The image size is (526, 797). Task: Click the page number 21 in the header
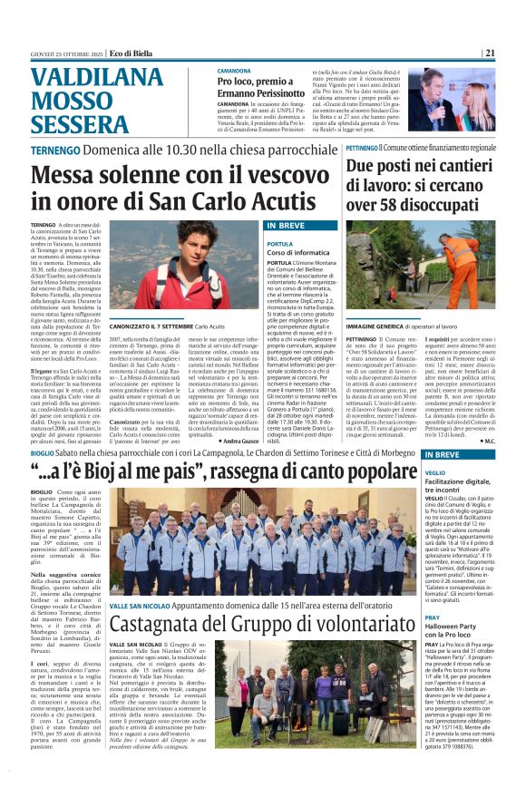pyautogui.click(x=514, y=53)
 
